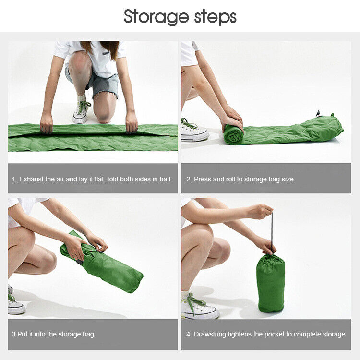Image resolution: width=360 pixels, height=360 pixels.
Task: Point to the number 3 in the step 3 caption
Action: (x=13, y=334)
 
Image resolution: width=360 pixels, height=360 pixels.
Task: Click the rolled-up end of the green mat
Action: (x=233, y=135)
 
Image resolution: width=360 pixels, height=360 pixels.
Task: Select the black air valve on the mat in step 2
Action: (x=318, y=114)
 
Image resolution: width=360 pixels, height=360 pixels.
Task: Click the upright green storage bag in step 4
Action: (x=271, y=283)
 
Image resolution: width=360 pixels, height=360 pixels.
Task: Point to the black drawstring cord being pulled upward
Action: (x=272, y=232)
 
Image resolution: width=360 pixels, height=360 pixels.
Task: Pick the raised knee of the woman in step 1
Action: (x=80, y=65)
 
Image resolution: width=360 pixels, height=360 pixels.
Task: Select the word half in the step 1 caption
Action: (x=165, y=179)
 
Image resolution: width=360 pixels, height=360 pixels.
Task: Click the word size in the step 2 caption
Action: (x=288, y=179)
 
